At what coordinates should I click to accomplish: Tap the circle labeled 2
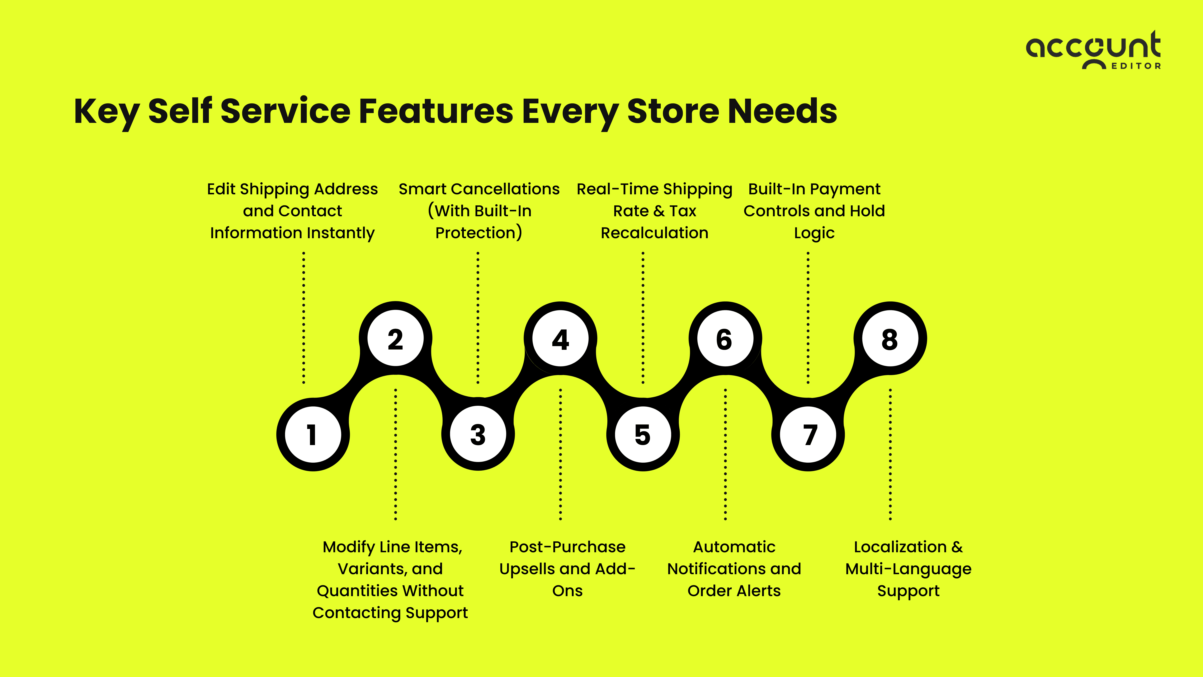(396, 339)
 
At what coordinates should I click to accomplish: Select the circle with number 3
(478, 435)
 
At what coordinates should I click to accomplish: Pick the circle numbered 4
(560, 339)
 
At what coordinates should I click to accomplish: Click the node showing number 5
(643, 435)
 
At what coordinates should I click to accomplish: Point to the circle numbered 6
(725, 339)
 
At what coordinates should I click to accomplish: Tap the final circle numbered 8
(890, 339)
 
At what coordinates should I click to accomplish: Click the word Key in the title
(107, 112)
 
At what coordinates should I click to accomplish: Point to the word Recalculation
(654, 233)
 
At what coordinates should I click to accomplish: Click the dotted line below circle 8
(890, 453)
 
